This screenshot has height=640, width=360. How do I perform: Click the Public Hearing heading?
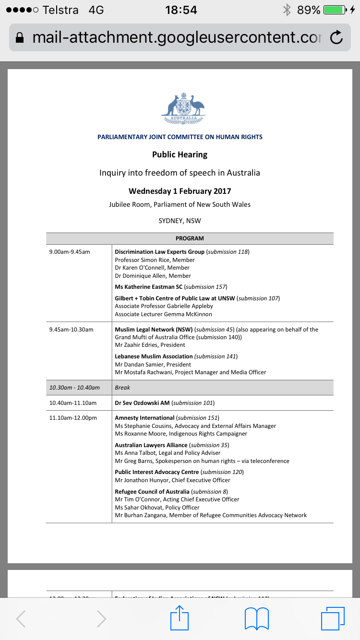(180, 154)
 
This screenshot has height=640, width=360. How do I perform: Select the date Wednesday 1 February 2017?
(180, 191)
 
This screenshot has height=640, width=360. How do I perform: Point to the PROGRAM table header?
(190, 238)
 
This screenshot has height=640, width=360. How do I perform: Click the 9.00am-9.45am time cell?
(70, 252)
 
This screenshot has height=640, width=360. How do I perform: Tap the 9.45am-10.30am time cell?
(71, 330)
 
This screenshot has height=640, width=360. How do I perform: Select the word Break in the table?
(122, 388)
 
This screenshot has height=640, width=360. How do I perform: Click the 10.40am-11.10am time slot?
(73, 403)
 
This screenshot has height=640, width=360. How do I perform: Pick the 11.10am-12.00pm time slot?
(73, 418)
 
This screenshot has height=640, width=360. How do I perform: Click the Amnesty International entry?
(144, 418)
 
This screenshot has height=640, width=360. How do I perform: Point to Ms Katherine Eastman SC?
(149, 287)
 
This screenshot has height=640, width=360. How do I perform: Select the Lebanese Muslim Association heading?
(154, 356)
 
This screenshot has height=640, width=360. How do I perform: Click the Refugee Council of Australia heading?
(152, 492)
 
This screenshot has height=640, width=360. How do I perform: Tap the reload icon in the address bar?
(336, 37)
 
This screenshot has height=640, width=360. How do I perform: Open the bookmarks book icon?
(256, 618)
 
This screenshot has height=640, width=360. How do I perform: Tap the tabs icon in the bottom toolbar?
(332, 618)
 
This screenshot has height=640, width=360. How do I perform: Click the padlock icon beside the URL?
(20, 37)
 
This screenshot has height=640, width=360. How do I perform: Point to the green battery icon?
(335, 10)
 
